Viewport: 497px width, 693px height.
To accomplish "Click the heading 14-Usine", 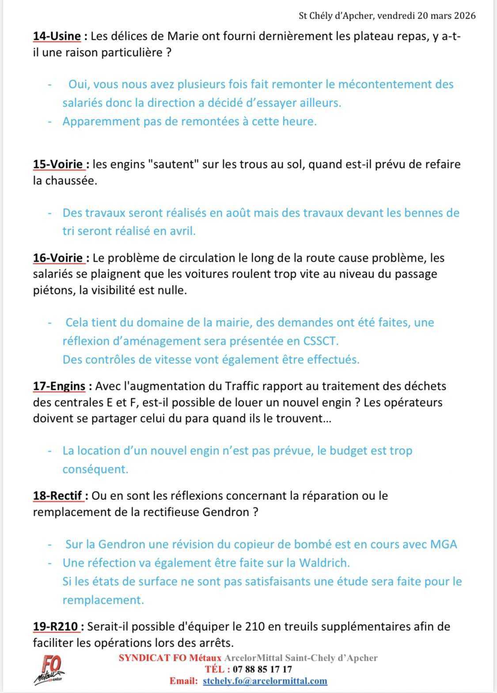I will pyautogui.click(x=57, y=36).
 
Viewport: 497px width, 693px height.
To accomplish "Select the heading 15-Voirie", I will pyautogui.click(x=59, y=164).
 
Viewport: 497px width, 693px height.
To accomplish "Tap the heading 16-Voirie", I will pyautogui.click(x=59, y=258).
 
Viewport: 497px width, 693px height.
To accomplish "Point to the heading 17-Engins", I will pyautogui.click(x=59, y=386).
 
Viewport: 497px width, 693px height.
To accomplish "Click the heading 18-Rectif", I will pyautogui.click(x=58, y=496).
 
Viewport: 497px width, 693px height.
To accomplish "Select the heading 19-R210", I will pyautogui.click(x=56, y=627).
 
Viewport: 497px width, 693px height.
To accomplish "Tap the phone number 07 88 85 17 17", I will pyautogui.click(x=262, y=670).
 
